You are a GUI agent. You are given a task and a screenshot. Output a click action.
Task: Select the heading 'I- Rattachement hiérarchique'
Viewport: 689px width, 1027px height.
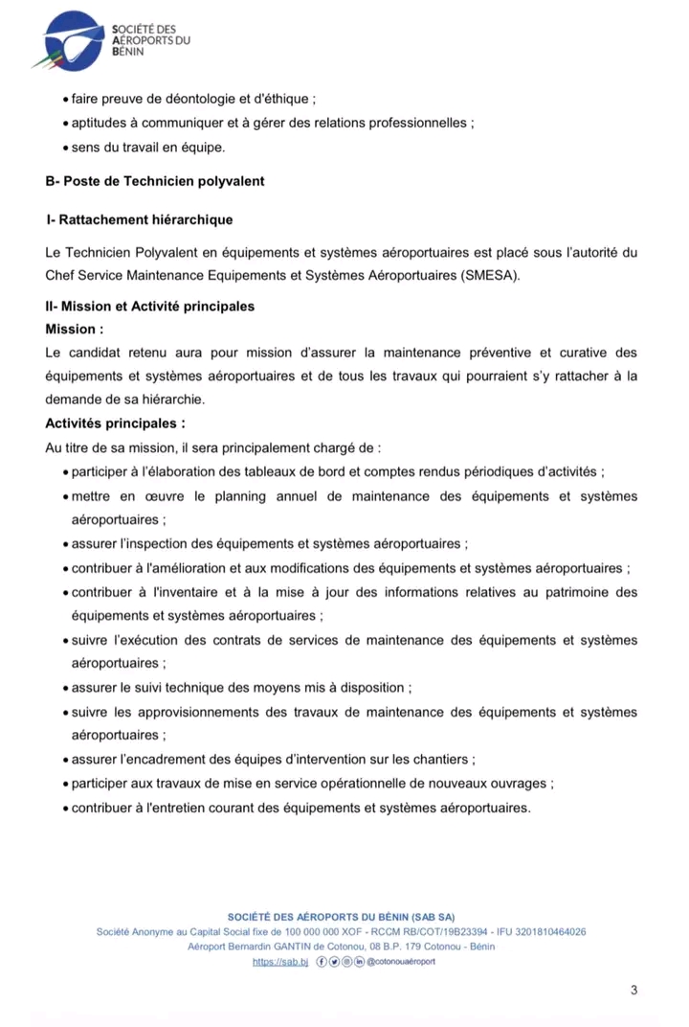(x=139, y=220)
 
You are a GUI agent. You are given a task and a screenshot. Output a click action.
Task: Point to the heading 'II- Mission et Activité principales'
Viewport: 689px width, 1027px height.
(x=150, y=307)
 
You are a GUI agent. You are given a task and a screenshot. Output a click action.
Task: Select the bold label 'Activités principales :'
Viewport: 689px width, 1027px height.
(x=115, y=422)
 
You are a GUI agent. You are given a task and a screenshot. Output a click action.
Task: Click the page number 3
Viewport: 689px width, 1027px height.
(x=633, y=990)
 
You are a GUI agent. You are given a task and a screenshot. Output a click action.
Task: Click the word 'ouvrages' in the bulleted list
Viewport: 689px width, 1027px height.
(x=518, y=784)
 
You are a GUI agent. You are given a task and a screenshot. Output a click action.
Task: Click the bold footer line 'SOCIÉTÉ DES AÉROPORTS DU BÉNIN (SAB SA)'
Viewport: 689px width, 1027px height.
(x=341, y=917)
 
